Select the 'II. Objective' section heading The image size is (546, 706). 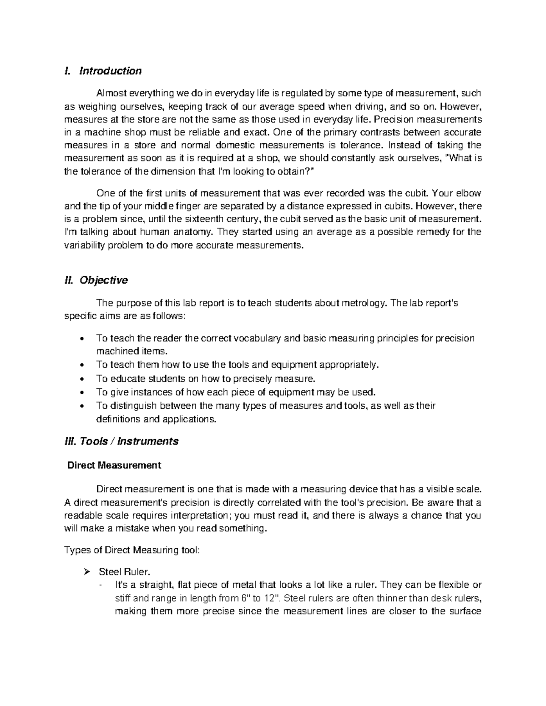96,280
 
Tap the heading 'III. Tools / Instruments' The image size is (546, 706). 122,441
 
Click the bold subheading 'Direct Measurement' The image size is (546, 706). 114,465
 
